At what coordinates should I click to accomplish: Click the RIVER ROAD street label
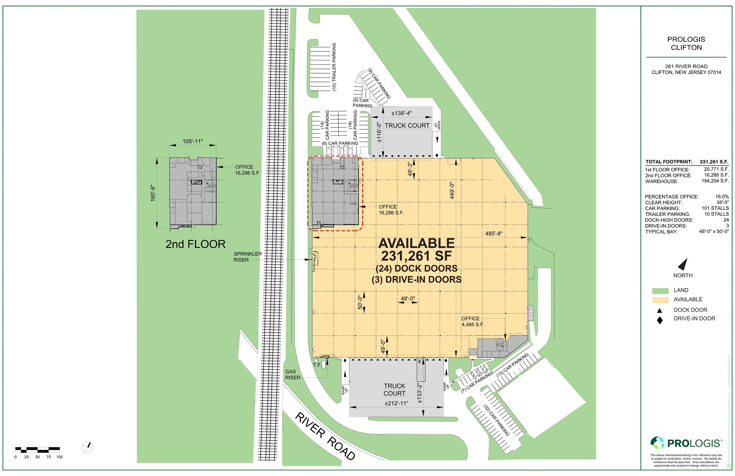pos(325,436)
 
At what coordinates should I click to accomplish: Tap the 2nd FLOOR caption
pos(195,244)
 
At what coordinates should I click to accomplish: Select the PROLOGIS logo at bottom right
pos(686,443)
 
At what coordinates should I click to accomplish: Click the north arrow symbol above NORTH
pos(683,264)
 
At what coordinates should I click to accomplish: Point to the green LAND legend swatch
pos(660,291)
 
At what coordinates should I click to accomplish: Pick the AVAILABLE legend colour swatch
pos(660,300)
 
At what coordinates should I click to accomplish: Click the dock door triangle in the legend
pos(659,310)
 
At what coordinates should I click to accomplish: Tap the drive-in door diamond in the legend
pos(659,320)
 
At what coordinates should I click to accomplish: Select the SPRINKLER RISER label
pos(248,257)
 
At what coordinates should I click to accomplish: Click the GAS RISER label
pos(292,375)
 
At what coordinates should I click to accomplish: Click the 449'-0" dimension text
pos(452,191)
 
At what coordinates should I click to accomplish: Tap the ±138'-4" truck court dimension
pos(401,113)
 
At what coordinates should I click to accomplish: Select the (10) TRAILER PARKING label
pos(334,67)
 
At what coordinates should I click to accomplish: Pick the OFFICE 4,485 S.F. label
pos(473,322)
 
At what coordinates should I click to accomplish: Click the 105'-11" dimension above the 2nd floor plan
pos(193,142)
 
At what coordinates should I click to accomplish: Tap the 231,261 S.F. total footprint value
pos(714,162)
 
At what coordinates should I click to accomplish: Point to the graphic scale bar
pos(37,449)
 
